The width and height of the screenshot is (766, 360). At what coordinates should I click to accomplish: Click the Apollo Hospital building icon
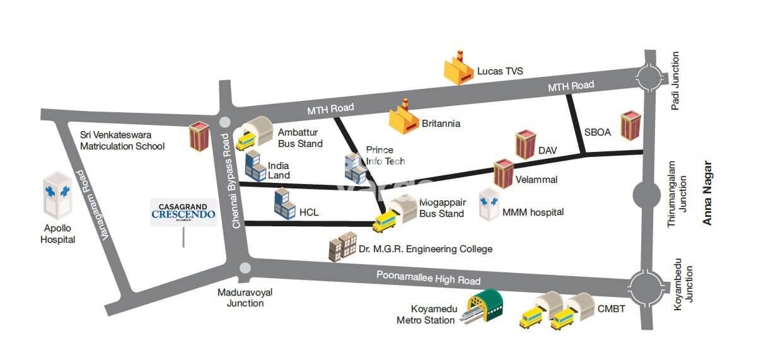click(58, 194)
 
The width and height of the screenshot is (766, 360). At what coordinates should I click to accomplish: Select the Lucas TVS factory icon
click(459, 69)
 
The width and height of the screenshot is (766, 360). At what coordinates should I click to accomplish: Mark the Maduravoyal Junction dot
click(245, 268)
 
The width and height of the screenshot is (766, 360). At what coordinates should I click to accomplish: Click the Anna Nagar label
click(708, 193)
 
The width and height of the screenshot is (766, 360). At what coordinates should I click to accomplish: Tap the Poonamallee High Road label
click(428, 277)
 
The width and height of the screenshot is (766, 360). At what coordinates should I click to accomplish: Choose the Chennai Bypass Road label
click(235, 180)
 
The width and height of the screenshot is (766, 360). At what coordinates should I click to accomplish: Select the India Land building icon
click(255, 166)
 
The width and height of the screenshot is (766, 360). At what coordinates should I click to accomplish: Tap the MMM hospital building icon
click(489, 204)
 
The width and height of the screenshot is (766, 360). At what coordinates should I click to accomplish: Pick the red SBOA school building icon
click(630, 127)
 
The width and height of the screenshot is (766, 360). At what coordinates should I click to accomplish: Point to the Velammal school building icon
click(504, 173)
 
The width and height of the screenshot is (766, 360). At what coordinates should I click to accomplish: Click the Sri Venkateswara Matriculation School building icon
click(199, 137)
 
